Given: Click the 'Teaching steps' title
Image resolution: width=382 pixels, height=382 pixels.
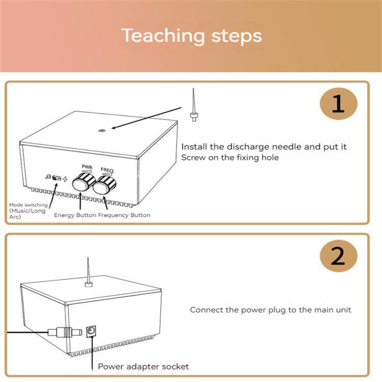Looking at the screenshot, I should (191, 36).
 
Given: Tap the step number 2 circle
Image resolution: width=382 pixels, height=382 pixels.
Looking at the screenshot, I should (338, 257).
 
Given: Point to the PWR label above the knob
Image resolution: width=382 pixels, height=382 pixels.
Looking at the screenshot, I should (87, 167).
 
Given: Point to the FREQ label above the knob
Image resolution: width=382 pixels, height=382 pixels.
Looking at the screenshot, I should (106, 170).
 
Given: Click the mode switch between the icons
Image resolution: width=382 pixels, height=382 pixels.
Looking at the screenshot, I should (56, 178).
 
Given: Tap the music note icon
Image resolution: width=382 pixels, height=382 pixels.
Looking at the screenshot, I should (48, 177).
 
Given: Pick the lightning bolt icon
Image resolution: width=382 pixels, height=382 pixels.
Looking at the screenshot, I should (65, 179).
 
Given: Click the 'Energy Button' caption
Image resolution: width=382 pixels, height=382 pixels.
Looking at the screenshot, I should (75, 215).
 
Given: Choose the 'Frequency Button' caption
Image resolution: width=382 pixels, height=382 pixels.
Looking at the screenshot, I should (124, 215).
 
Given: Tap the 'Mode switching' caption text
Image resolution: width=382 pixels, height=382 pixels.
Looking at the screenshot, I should (28, 205).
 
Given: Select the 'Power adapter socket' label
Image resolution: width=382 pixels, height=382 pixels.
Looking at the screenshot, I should (143, 367).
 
